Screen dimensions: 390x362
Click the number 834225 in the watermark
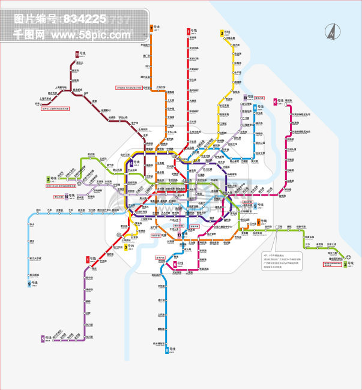[84, 19]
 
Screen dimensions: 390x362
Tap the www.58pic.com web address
[90, 35]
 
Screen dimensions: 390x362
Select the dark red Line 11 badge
[76, 54]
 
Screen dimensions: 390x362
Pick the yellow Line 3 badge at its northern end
[222, 33]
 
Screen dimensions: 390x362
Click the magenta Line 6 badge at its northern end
[276, 101]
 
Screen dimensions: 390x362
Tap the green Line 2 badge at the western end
[48, 179]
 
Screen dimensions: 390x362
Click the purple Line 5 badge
[43, 339]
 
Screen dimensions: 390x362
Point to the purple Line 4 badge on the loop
[131, 163]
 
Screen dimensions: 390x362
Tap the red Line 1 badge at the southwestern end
[88, 259]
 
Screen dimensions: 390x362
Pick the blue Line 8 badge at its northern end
[255, 108]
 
